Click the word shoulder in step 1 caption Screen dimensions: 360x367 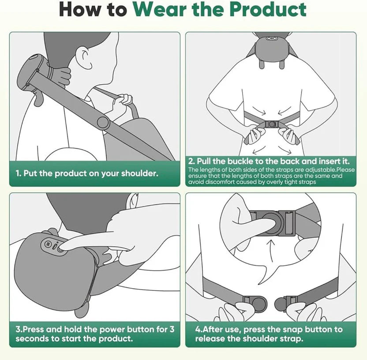tap(139, 173)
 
